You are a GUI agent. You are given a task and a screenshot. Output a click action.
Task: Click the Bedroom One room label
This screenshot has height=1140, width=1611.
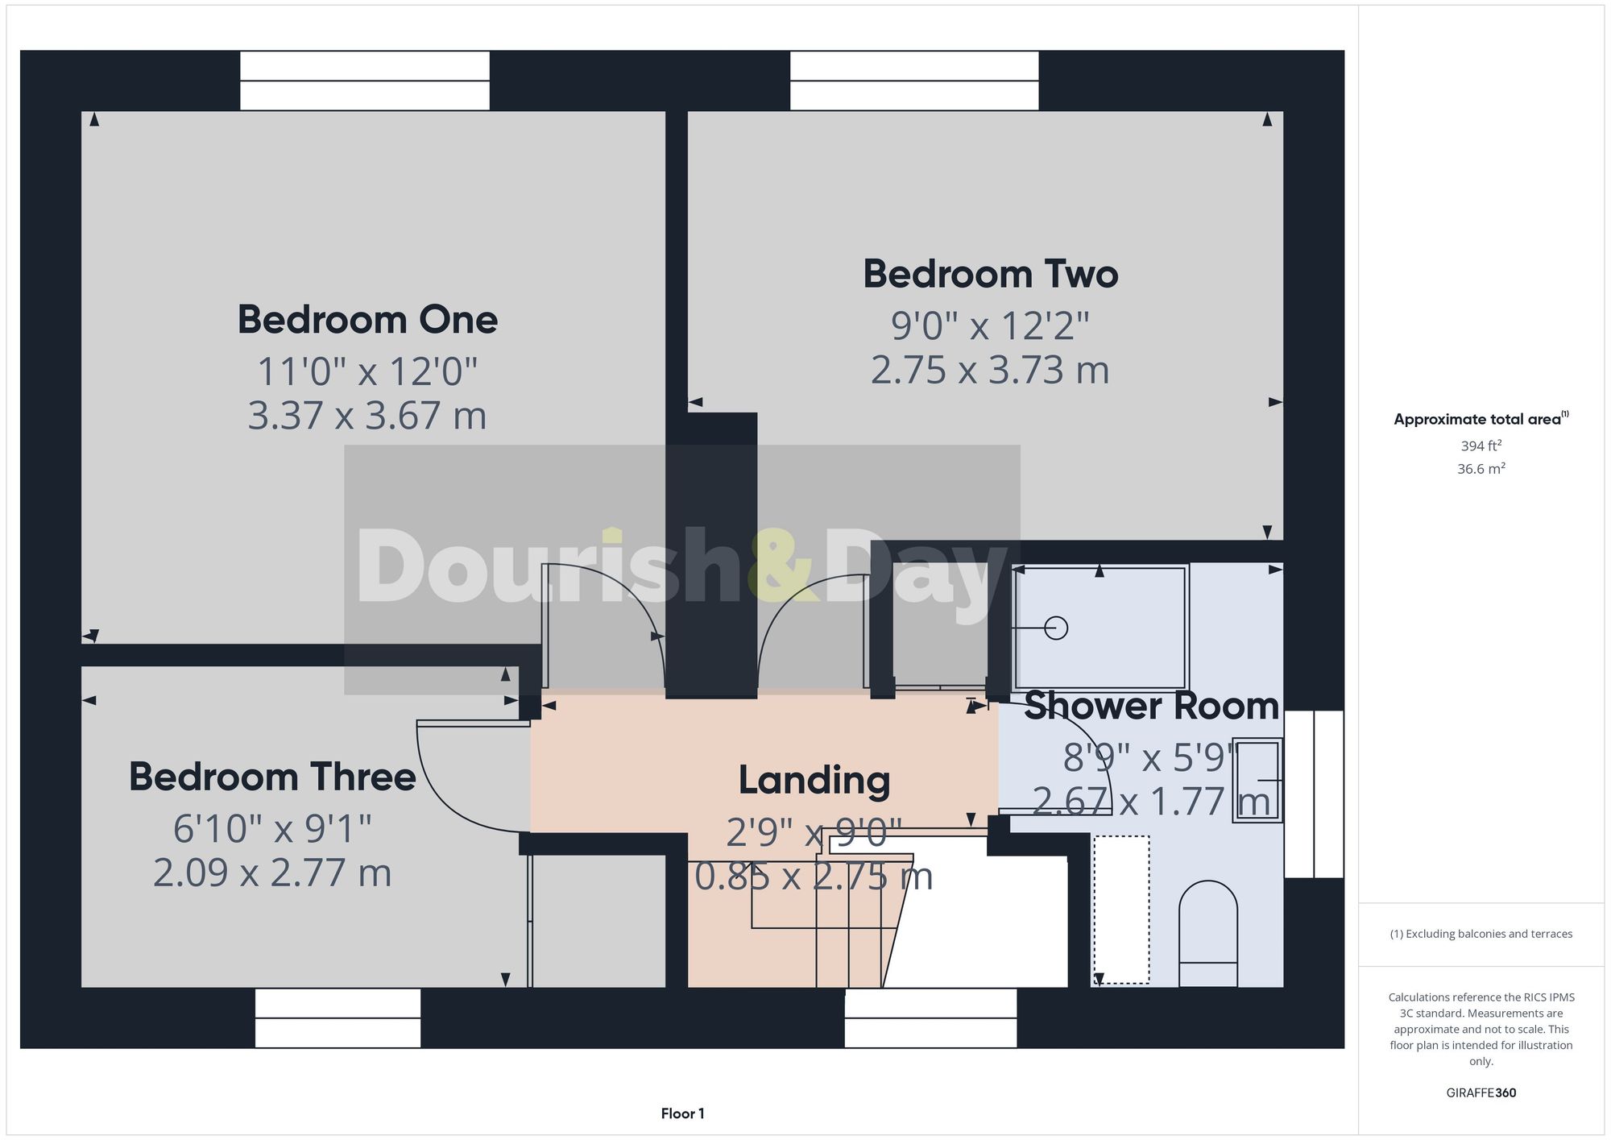(367, 320)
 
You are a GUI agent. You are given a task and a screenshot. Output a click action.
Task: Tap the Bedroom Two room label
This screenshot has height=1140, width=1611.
(990, 274)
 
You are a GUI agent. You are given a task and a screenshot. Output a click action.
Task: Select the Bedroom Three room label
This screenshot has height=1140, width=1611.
(272, 777)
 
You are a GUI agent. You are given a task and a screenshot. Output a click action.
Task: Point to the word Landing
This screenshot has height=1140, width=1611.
(814, 780)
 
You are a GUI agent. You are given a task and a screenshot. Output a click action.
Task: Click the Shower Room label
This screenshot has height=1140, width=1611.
(1151, 706)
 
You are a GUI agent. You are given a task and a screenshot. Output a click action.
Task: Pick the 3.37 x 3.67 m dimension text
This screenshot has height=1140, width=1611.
(367, 416)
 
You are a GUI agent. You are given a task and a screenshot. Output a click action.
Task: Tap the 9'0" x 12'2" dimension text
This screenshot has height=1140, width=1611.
(990, 326)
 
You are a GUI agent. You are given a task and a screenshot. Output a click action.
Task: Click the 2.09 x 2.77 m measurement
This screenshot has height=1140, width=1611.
(272, 873)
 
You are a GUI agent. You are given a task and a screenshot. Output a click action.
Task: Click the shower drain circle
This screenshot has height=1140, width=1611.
(1055, 628)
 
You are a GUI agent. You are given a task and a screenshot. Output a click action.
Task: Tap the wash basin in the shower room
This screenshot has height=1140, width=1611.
(1257, 780)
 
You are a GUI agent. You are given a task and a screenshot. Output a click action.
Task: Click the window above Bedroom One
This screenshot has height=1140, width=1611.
(365, 81)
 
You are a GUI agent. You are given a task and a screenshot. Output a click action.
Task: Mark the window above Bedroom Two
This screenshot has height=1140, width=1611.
(914, 81)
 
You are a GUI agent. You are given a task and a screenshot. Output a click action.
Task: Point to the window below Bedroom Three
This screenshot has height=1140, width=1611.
(338, 1018)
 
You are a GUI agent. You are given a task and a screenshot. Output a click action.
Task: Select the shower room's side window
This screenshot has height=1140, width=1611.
(1314, 794)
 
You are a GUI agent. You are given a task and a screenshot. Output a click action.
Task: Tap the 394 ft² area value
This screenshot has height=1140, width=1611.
(1481, 446)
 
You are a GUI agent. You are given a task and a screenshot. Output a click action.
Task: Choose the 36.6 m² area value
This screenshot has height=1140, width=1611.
(1481, 469)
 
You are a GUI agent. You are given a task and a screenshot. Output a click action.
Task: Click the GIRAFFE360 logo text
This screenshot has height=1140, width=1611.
(1481, 1092)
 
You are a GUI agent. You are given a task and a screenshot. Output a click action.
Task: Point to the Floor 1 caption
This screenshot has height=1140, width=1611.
(682, 1113)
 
